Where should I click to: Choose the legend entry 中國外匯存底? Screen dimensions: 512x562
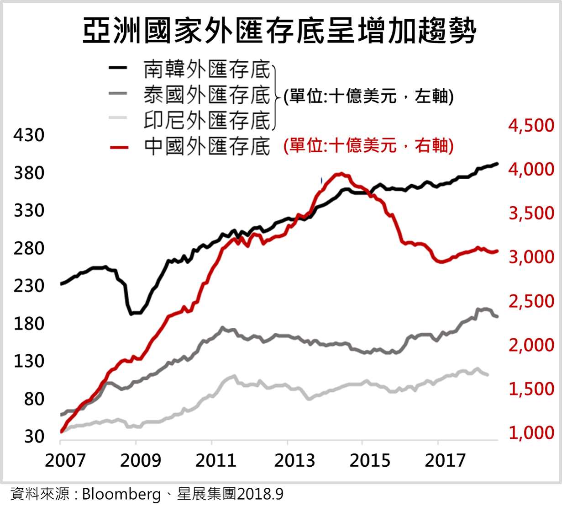207,146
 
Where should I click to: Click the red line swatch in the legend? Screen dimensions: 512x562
119,147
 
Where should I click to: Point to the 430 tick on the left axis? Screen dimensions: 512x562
29,135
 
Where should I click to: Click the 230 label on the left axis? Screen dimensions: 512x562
29,286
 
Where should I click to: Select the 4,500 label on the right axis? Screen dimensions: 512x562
531,126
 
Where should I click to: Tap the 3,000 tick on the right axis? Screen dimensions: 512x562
531,257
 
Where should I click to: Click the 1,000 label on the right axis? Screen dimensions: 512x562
531,432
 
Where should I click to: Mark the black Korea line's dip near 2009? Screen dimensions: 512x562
132,314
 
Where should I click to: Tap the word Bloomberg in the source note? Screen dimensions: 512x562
121,495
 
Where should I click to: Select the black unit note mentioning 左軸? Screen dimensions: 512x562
368,96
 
